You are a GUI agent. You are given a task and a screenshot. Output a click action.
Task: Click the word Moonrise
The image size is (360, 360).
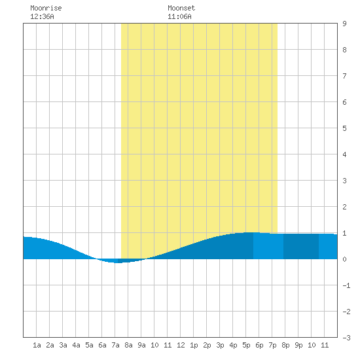click(46, 8)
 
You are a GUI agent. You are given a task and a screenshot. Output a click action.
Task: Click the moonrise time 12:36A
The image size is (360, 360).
click(42, 16)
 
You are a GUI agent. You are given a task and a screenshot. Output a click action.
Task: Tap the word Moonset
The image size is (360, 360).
click(181, 8)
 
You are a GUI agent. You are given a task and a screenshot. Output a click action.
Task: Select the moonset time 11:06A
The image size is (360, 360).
click(179, 16)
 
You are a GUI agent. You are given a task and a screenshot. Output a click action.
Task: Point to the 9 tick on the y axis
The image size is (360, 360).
click(344, 24)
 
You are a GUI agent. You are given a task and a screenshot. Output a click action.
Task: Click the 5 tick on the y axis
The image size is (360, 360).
click(344, 128)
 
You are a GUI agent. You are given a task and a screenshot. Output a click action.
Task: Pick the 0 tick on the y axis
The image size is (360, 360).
click(344, 259)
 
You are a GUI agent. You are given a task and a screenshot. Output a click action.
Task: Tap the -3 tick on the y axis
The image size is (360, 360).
click(346, 338)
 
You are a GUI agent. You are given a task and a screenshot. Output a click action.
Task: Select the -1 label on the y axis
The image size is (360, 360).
click(346, 285)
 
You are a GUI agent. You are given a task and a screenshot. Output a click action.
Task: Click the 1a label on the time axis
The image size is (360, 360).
click(37, 345)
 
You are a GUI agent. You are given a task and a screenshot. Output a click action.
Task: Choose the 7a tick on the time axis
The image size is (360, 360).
click(115, 345)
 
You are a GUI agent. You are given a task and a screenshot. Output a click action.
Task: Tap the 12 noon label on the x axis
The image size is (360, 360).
click(181, 345)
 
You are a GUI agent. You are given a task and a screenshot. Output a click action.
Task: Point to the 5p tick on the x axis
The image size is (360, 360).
click(246, 345)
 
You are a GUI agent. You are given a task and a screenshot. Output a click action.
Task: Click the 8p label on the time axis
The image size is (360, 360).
click(285, 345)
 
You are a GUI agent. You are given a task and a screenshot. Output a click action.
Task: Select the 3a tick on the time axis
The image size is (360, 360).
click(63, 345)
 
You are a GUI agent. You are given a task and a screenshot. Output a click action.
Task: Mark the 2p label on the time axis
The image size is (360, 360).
click(207, 345)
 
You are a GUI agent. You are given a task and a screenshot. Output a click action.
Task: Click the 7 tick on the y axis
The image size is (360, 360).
click(344, 76)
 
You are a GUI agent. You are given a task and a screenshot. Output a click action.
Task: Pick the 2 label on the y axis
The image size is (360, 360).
click(344, 207)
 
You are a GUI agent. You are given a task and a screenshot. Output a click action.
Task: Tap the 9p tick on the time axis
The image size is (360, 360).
click(298, 345)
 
